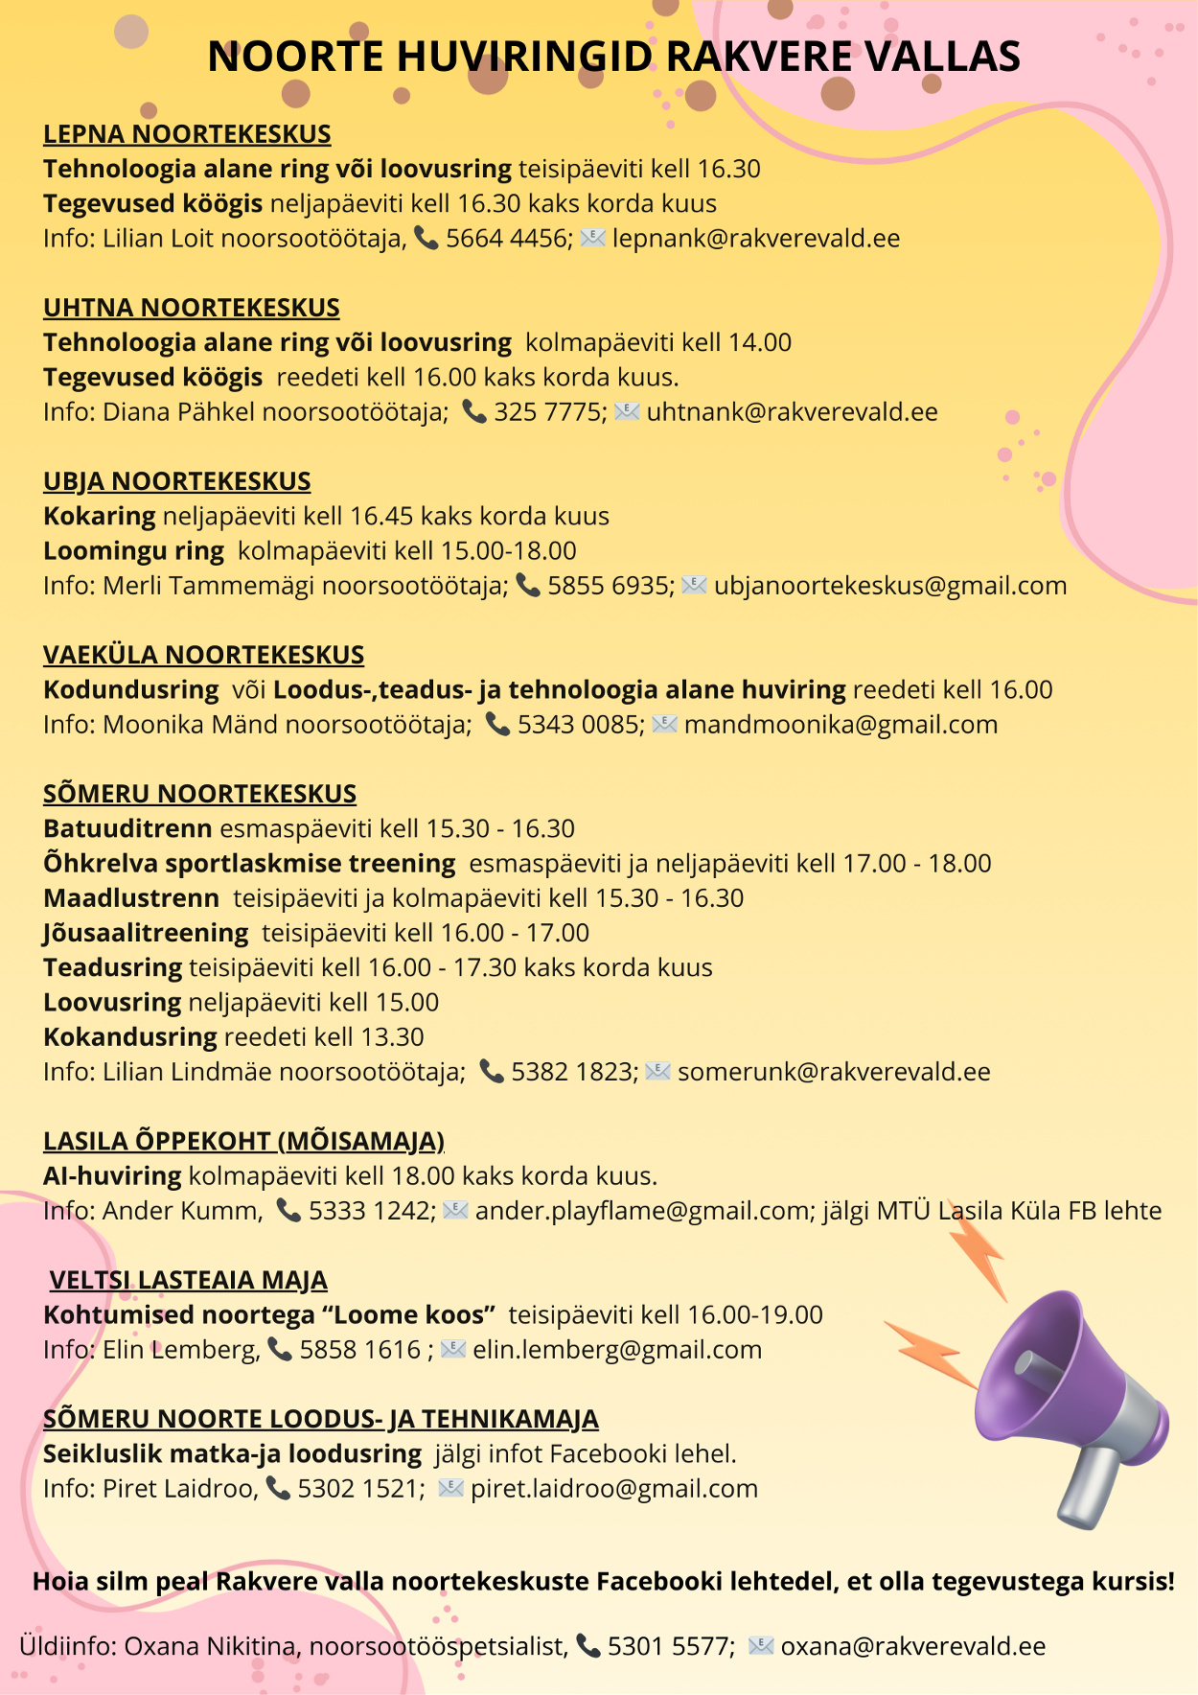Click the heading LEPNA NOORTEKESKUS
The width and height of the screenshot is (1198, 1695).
tap(187, 134)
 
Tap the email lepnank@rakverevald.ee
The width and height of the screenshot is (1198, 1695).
tap(755, 239)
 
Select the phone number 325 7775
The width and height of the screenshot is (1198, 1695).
tap(549, 412)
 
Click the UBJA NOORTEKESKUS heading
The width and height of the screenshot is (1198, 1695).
tap(177, 481)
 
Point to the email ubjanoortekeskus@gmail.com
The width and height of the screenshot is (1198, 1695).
tap(889, 586)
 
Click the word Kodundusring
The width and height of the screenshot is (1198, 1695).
tap(131, 690)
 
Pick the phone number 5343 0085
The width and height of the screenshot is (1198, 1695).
tap(580, 725)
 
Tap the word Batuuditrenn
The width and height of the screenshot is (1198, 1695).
tap(127, 829)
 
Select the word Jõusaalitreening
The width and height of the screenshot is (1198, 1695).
tap(146, 933)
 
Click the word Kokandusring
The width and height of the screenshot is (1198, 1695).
tap(130, 1037)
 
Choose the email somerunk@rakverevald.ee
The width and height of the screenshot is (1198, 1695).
tap(834, 1072)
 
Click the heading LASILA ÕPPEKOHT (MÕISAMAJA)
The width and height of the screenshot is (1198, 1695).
tap(243, 1141)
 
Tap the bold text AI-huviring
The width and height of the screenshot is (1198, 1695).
tap(112, 1176)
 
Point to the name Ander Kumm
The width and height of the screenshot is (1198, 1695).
tap(181, 1211)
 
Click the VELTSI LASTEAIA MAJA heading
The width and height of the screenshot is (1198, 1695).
tap(189, 1280)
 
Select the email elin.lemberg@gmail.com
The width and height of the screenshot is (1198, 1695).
tap(617, 1350)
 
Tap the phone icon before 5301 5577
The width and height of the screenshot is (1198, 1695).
tap(588, 1646)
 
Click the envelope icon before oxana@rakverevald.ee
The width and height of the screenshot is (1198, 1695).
tap(761, 1646)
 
